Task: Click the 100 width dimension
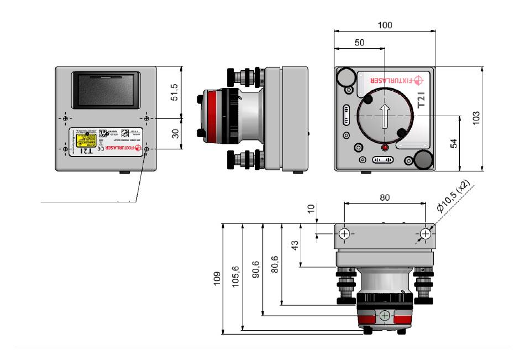(385, 25)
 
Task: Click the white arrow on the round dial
(385, 117)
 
